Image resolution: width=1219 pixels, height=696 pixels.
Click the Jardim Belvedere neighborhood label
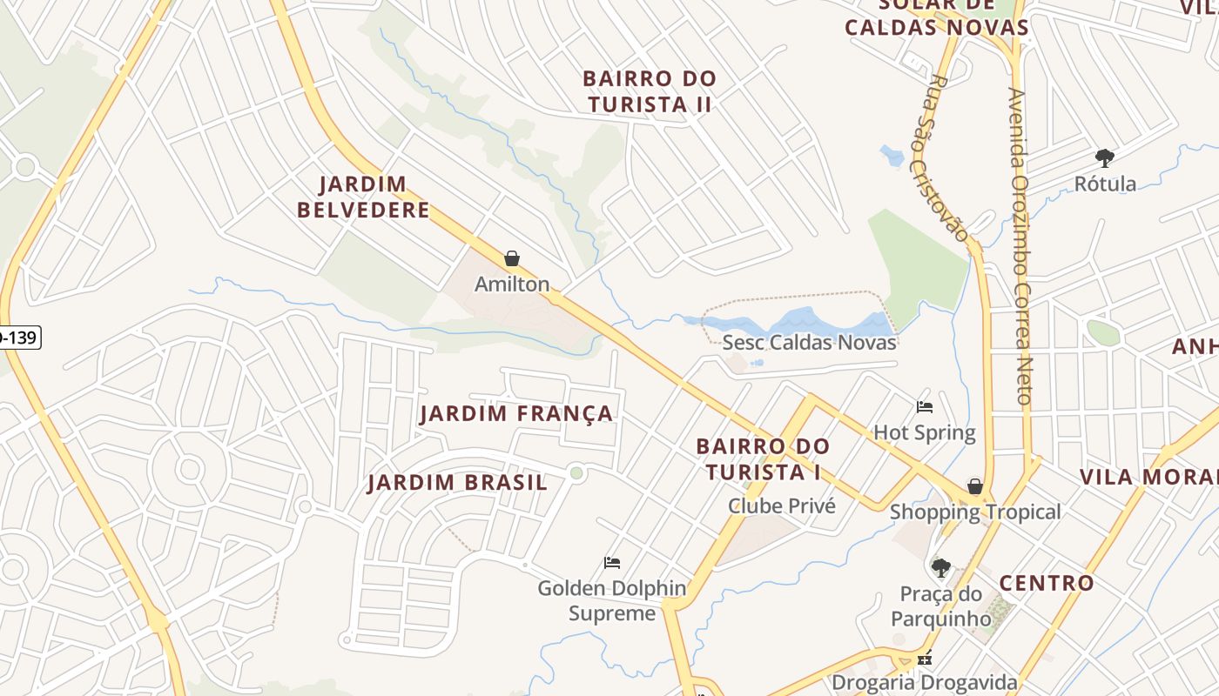[363, 197]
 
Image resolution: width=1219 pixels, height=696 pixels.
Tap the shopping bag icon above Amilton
[512, 258]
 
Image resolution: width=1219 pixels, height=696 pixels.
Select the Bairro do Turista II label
[650, 91]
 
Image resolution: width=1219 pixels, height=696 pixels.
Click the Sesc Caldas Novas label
[809, 342]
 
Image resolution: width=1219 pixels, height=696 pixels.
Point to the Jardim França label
[516, 413]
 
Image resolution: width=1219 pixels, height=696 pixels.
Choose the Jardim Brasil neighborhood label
[457, 483]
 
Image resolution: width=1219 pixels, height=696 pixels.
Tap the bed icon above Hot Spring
[925, 407]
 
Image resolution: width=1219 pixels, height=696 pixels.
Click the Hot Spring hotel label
[924, 432]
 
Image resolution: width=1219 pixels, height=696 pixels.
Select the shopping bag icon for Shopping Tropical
[975, 486]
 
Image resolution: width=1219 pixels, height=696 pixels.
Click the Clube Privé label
[781, 505]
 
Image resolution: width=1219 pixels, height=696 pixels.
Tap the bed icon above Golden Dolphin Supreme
[612, 563]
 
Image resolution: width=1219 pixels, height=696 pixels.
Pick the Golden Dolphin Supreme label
[612, 600]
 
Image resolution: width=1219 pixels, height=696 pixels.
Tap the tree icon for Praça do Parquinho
[940, 568]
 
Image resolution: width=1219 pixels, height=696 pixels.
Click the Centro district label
[1046, 583]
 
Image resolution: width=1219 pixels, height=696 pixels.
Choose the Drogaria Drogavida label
[924, 681]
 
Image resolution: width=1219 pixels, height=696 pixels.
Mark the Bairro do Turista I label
[763, 459]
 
